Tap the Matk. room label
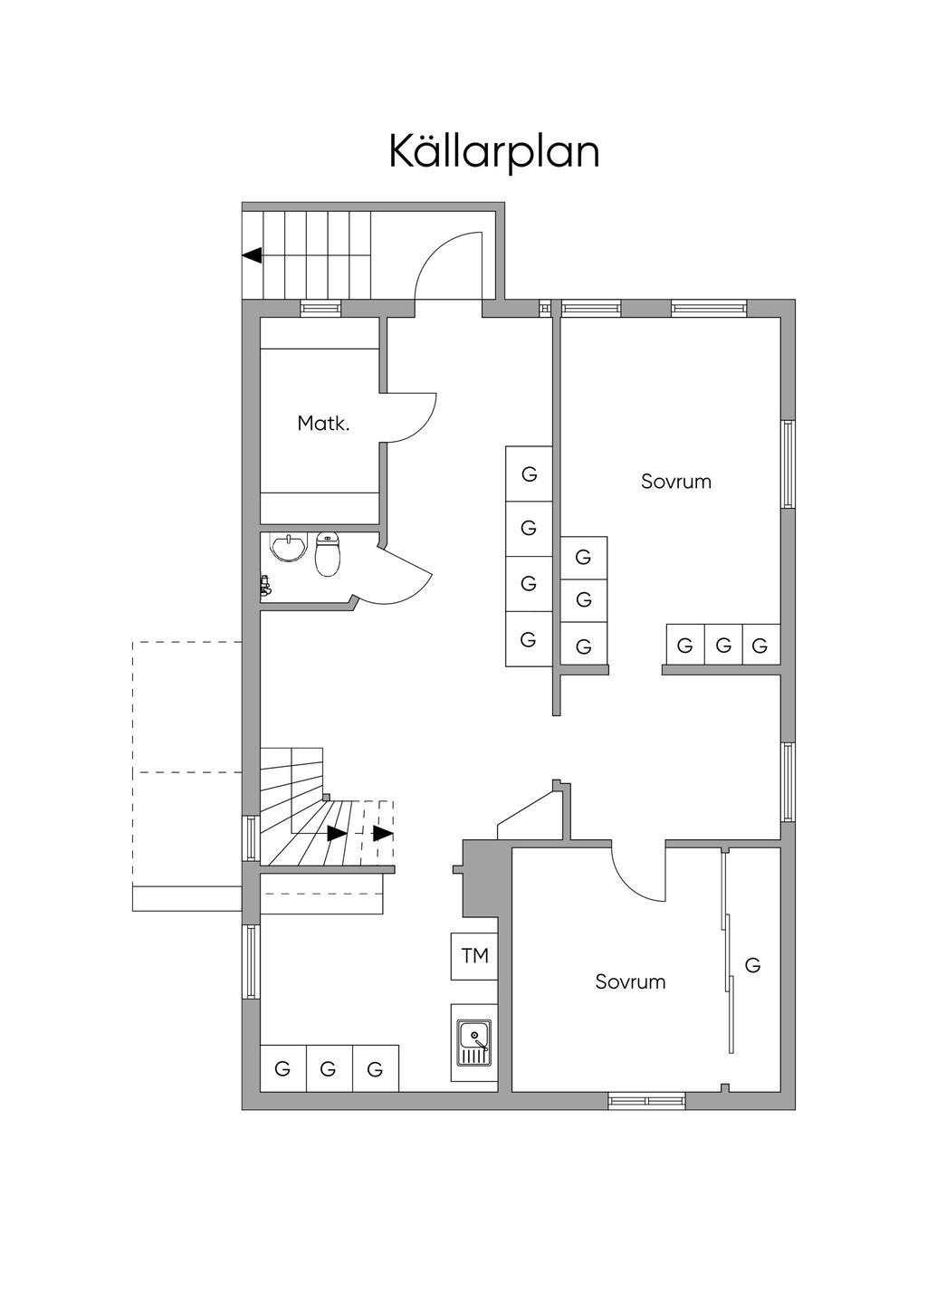[323, 423]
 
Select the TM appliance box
[474, 956]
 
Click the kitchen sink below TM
[474, 1042]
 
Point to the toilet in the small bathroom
[328, 553]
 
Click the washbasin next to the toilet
[288, 547]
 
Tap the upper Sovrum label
[676, 482]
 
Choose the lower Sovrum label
[630, 981]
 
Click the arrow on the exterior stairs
[252, 255]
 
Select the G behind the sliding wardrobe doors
[752, 964]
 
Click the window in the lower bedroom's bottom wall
[646, 1101]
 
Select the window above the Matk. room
[320, 308]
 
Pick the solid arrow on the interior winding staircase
[336, 834]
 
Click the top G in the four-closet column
[529, 474]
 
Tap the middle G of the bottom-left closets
[328, 1069]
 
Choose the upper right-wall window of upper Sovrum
[788, 464]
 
